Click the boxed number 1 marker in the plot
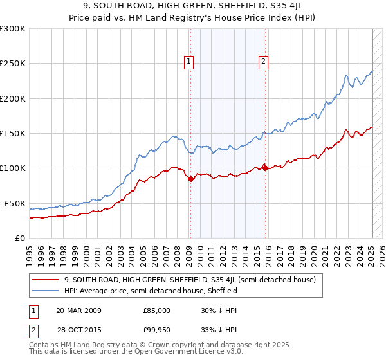coord(189,62)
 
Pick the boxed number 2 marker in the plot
coord(264,62)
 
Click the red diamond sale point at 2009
coord(190,179)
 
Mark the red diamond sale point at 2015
coord(266,168)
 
